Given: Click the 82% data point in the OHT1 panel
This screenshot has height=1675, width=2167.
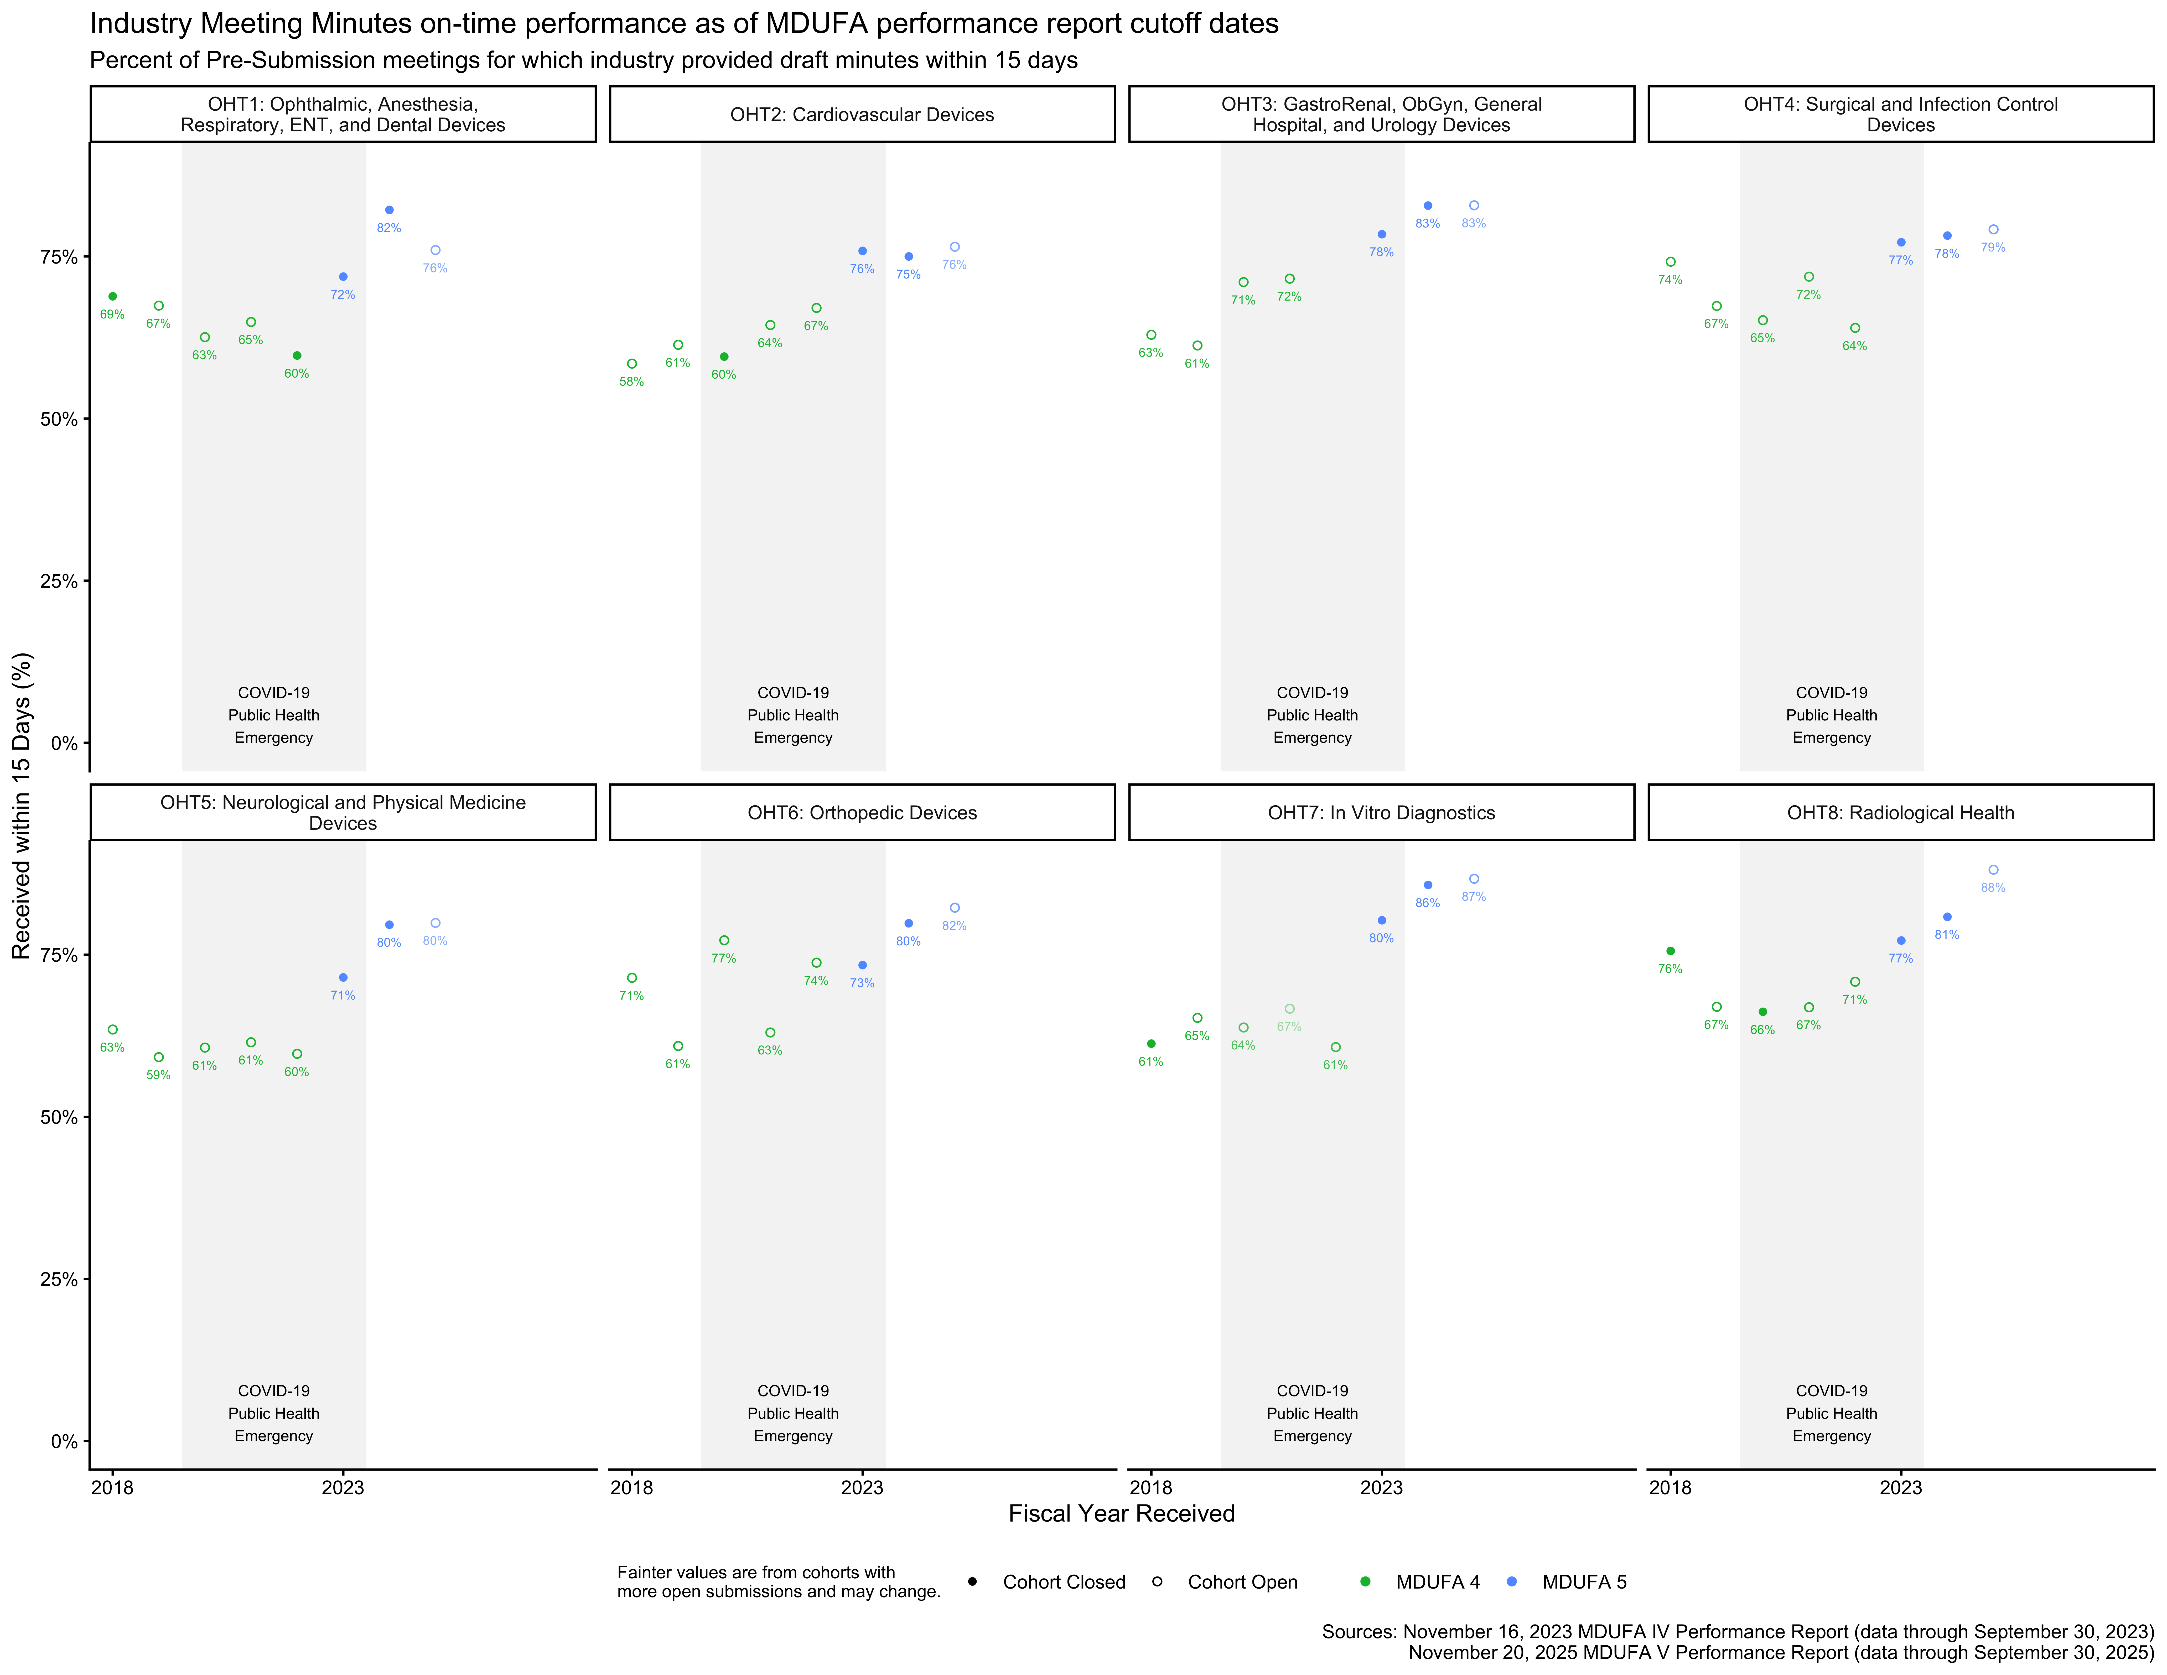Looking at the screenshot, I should (x=389, y=210).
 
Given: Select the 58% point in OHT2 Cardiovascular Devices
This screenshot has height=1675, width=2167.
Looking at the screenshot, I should (x=632, y=364).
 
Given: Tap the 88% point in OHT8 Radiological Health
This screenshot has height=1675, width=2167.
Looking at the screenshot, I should (x=1993, y=870).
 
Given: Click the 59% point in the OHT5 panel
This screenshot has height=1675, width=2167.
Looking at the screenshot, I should (x=159, y=1058).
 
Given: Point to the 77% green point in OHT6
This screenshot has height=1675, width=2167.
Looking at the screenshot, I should (x=724, y=941).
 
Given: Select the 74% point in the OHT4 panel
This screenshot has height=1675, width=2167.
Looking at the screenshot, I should (x=1671, y=262).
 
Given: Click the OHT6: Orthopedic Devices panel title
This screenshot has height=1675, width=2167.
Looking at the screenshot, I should (x=862, y=813).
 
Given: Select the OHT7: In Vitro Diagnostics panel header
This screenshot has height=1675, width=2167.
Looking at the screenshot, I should (x=1381, y=813).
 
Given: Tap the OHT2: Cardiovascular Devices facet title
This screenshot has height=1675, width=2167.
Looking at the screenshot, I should (x=862, y=114).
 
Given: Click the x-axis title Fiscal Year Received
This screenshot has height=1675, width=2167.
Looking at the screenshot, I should (x=1121, y=1513).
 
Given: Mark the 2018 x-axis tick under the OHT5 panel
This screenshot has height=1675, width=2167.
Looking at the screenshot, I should (x=112, y=1487).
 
